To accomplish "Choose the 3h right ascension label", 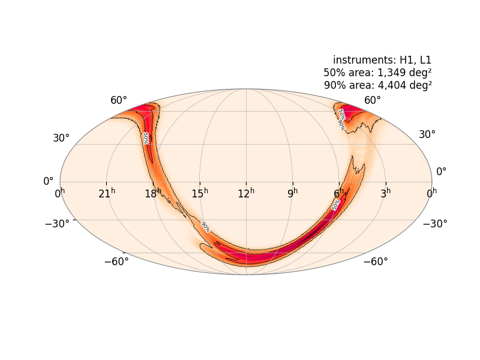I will point(388,193).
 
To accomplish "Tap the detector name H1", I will point(407,60).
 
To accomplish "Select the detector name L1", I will point(425,60).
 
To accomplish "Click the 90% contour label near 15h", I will point(205,227).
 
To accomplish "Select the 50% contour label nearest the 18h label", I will point(146,138).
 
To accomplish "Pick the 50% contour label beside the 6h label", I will point(336,205).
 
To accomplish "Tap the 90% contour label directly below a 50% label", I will point(341,125).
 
